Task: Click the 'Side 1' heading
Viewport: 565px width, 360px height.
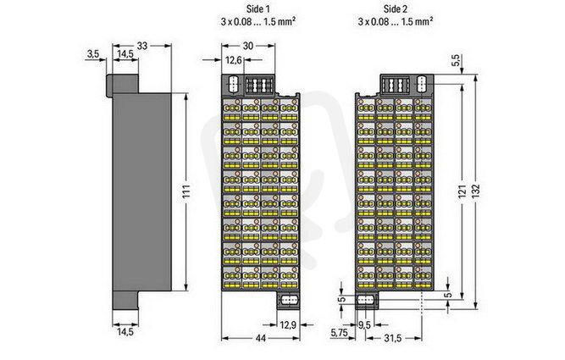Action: [x=258, y=8]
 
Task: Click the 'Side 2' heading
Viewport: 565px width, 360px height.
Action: [x=396, y=8]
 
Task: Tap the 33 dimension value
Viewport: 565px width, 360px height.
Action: [x=142, y=46]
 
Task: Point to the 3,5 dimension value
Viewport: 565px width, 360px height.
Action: [x=93, y=54]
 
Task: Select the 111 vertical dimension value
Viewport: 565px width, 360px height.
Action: [x=186, y=191]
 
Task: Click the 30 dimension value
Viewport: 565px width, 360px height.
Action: [x=248, y=46]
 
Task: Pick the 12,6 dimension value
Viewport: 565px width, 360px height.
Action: [x=234, y=60]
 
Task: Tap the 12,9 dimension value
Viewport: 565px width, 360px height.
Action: [x=288, y=325]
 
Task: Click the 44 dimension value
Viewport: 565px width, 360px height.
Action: [x=261, y=338]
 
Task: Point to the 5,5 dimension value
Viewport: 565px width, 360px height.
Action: [x=455, y=60]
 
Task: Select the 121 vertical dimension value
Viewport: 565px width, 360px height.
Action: [x=463, y=191]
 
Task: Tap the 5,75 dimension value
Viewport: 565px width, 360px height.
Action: [x=339, y=333]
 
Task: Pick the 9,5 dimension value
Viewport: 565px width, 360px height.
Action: [x=364, y=325]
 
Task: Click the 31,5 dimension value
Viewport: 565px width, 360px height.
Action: [x=393, y=338]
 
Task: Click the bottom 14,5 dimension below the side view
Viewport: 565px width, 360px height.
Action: [x=125, y=331]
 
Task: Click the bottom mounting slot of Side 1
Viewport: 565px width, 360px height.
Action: [x=288, y=300]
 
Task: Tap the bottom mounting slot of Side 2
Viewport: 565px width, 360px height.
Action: [x=366, y=300]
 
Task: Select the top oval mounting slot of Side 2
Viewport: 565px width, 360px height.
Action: [x=421, y=84]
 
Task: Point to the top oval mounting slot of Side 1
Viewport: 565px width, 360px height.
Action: [x=234, y=84]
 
